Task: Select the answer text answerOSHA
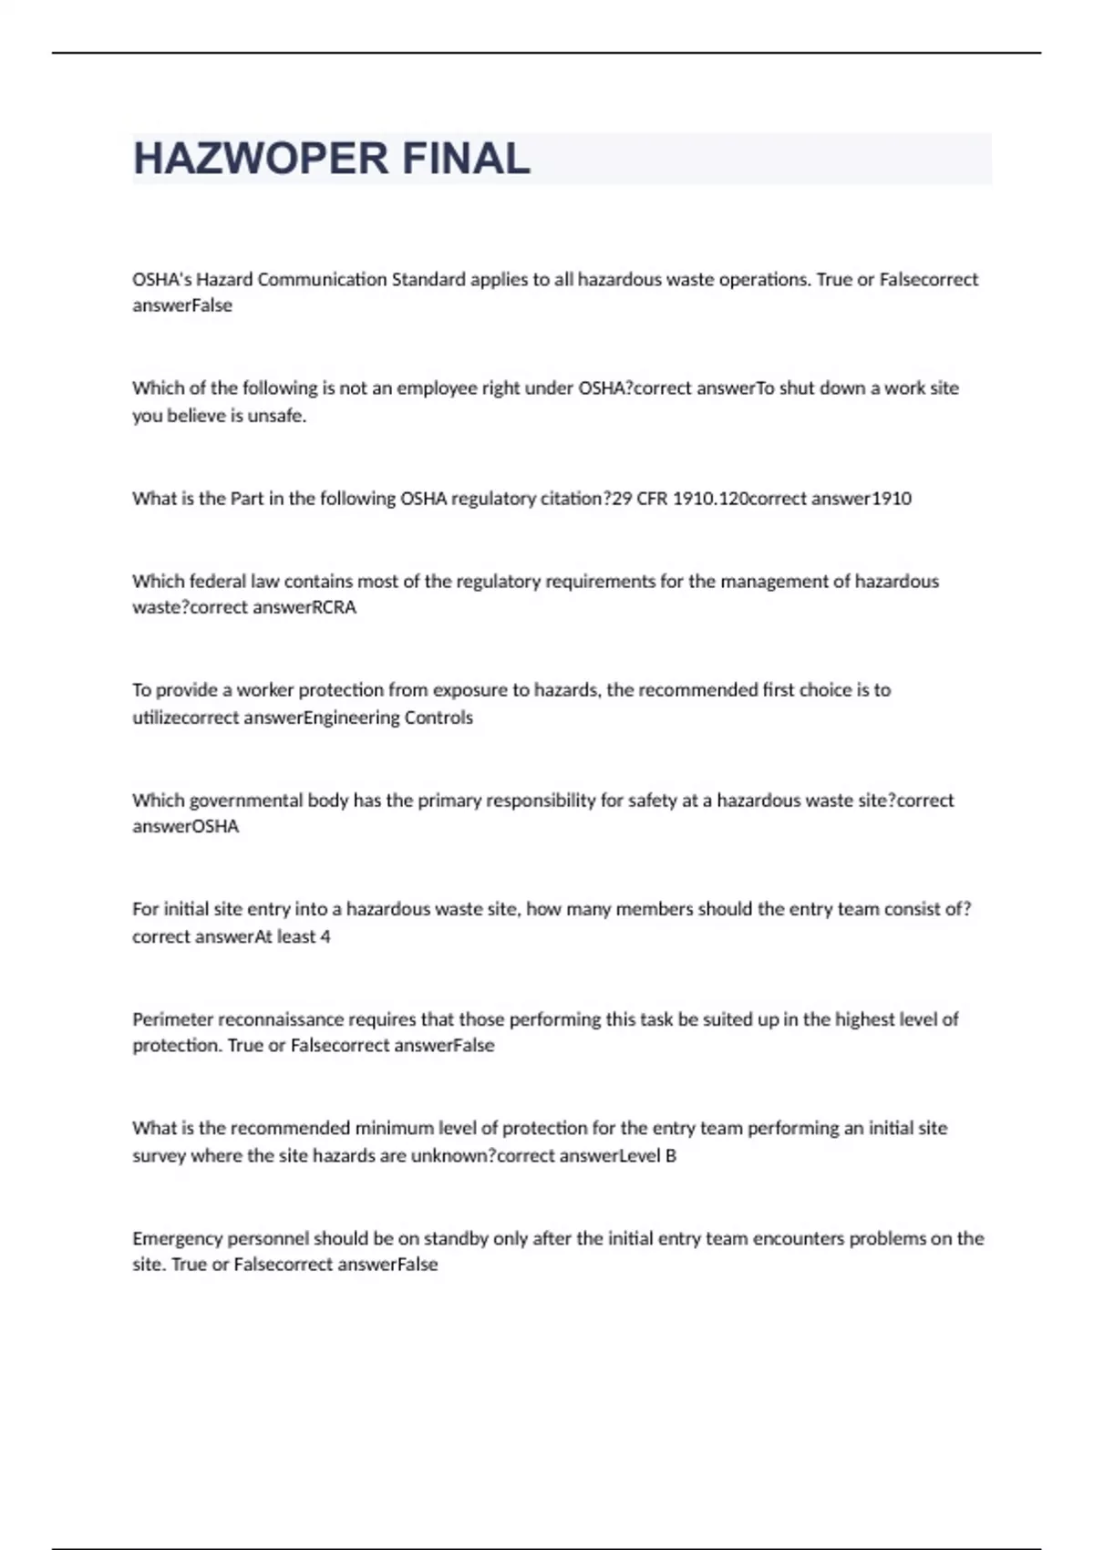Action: coord(185,827)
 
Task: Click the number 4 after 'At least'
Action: coord(325,936)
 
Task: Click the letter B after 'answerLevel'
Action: coord(671,1155)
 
